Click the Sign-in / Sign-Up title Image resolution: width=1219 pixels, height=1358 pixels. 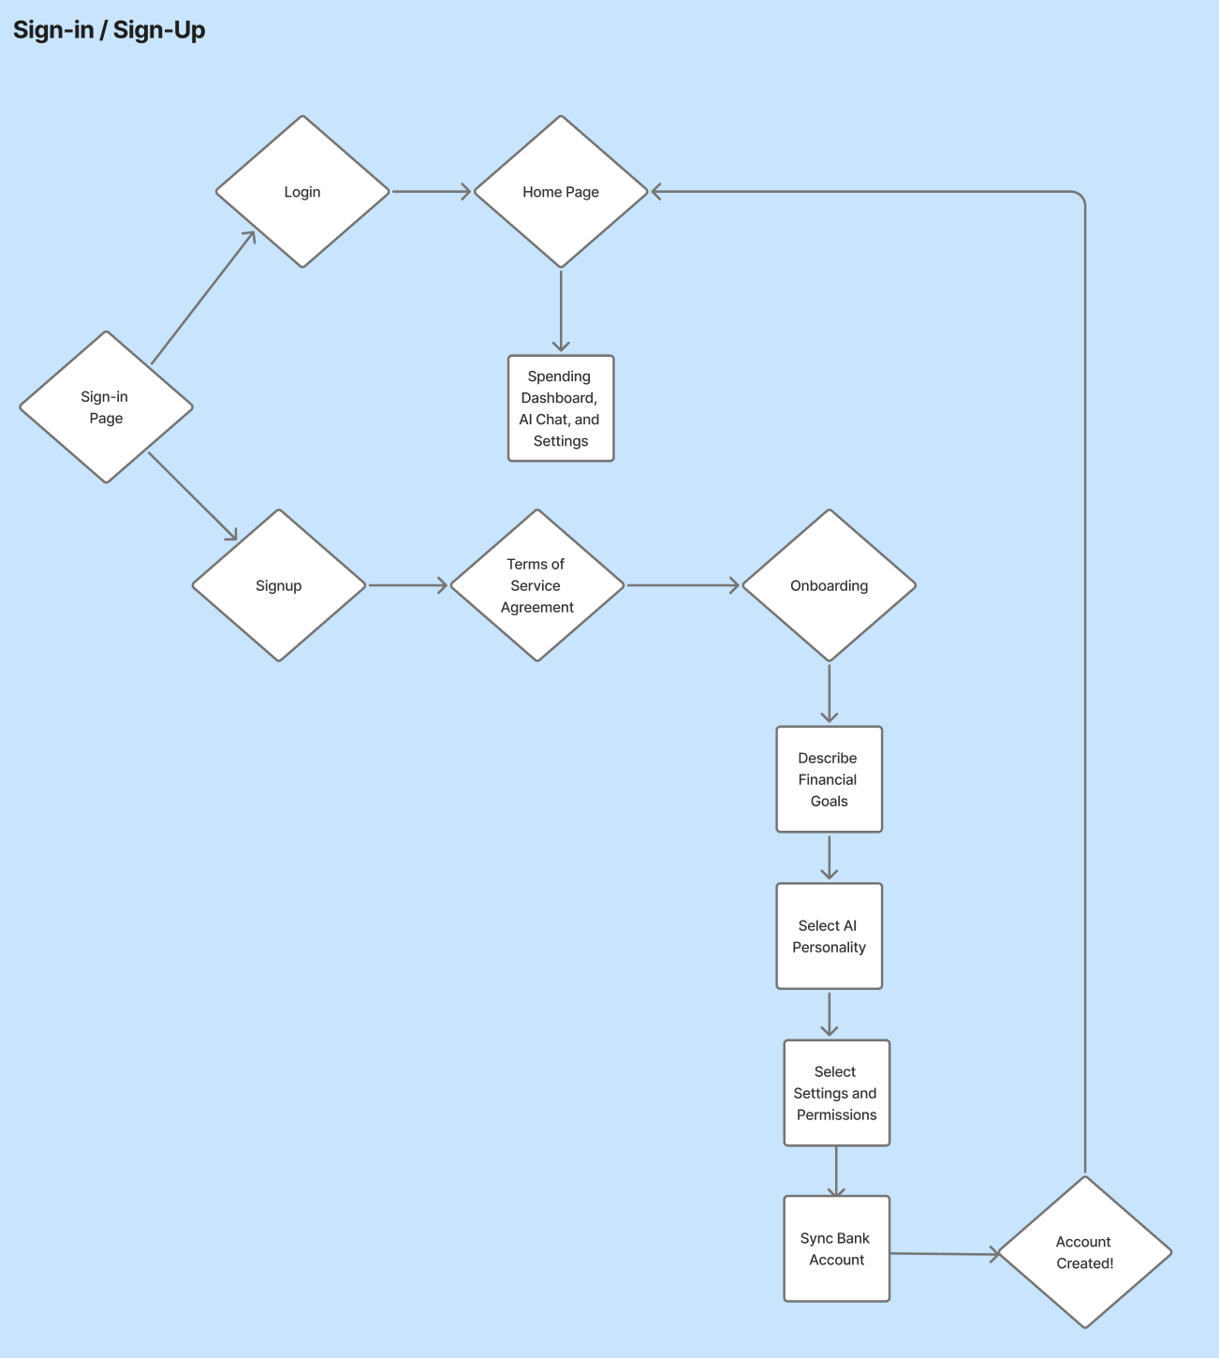coord(109,30)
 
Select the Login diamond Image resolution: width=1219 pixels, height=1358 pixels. coord(302,192)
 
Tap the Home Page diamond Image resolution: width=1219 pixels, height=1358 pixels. coord(561,192)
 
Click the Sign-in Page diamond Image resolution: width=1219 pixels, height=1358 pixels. coord(106,407)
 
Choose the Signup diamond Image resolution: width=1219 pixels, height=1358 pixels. coord(279,585)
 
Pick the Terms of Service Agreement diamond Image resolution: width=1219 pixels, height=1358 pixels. coord(536,585)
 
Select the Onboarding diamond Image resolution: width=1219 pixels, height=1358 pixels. coord(829,585)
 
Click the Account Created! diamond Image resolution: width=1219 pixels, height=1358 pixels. coord(1084,1252)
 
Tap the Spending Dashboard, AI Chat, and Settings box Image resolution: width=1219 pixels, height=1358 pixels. coord(561,408)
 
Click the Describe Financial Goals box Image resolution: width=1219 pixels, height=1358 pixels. coord(829,779)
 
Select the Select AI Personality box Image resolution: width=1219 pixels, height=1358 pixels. coord(829,937)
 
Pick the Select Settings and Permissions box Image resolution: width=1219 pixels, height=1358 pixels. coord(836,1093)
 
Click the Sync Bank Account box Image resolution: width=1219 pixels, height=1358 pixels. coord(836,1248)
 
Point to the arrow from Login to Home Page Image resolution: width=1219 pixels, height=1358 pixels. coord(431,192)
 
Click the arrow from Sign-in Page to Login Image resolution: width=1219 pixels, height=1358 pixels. coord(203,298)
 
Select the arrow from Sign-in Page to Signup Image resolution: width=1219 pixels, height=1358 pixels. coord(192,496)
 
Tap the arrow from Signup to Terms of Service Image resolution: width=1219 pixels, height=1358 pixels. coord(408,585)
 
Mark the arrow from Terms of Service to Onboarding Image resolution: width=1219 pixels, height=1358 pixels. coord(683,585)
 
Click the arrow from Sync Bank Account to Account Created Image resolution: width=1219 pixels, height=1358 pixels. coord(944,1254)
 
